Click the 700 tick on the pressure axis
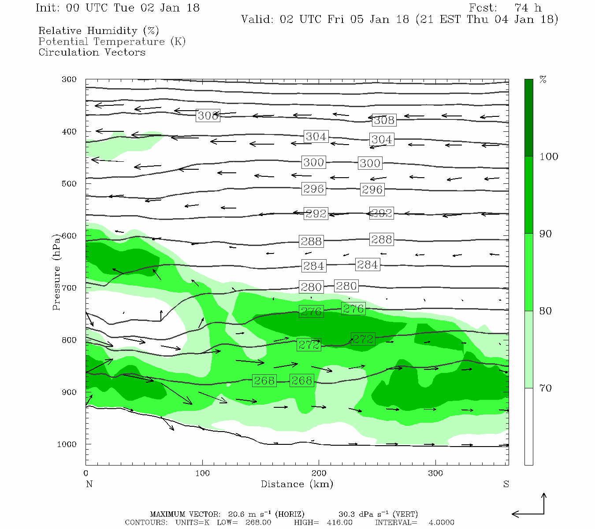[x=69, y=288]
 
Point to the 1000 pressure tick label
[x=67, y=444]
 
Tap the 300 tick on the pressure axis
[x=69, y=79]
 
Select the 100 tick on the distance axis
[x=203, y=473]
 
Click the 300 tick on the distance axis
[x=435, y=473]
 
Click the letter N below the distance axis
[x=89, y=484]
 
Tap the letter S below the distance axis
[x=506, y=484]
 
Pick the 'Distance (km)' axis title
[x=297, y=484]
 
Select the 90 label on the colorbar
[x=546, y=234]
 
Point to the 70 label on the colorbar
[x=546, y=388]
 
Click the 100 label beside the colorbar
[x=549, y=157]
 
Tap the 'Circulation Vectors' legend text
[x=92, y=52]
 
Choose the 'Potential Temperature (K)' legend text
[x=112, y=41]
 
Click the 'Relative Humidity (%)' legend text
[x=98, y=31]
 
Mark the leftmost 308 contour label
[x=208, y=116]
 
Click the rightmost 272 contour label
[x=363, y=339]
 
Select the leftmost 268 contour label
[x=264, y=380]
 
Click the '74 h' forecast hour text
[x=528, y=8]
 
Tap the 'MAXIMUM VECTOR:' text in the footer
[x=185, y=514]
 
